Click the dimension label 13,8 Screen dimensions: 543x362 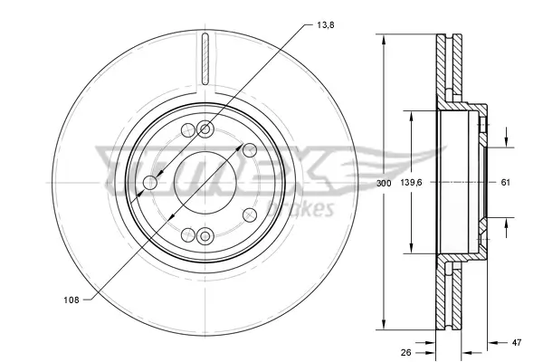(x=326, y=25)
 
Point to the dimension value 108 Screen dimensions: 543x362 (x=71, y=300)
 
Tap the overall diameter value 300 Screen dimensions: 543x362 (x=384, y=183)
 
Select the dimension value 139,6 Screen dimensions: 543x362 (x=411, y=182)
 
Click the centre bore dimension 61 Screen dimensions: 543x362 (x=506, y=182)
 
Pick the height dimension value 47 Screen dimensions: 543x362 (x=517, y=343)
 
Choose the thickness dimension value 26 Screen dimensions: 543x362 (x=405, y=353)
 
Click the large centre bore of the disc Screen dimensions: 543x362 (x=205, y=183)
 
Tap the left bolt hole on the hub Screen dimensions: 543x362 (x=150, y=183)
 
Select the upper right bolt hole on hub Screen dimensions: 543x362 (x=250, y=150)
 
